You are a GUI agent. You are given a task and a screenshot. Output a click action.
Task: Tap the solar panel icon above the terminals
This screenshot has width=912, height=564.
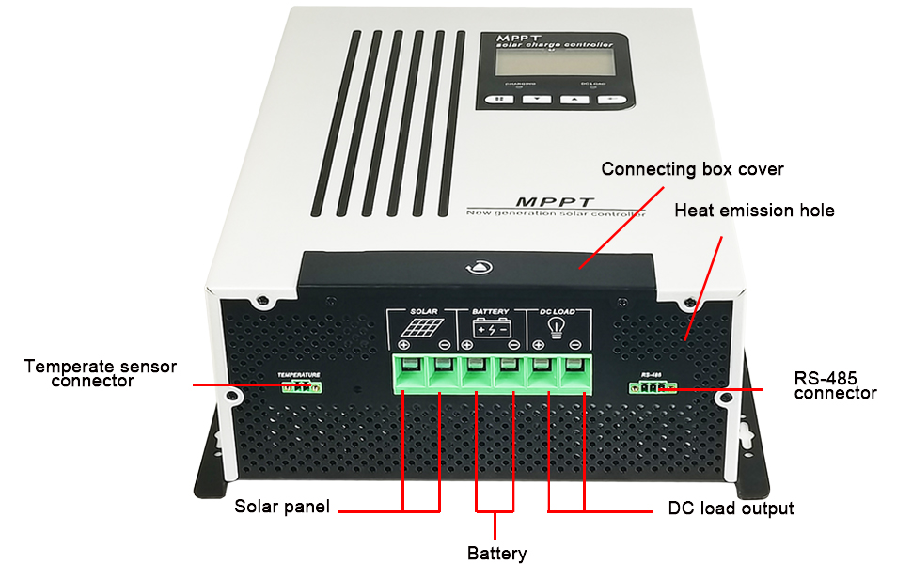click(417, 329)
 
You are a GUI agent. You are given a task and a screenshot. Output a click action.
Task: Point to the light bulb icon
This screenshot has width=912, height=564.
click(557, 327)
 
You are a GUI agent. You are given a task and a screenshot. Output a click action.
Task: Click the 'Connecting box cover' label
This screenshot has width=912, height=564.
click(692, 169)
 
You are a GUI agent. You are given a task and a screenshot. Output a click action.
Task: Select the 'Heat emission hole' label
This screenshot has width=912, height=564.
click(754, 210)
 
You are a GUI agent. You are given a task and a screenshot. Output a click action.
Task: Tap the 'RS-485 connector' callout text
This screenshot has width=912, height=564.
click(835, 385)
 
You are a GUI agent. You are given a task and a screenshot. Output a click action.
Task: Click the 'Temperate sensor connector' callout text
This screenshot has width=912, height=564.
click(100, 373)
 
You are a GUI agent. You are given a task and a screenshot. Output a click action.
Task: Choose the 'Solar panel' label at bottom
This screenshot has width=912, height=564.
click(282, 507)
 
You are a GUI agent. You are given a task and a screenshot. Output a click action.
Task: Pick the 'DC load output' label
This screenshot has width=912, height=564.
click(731, 509)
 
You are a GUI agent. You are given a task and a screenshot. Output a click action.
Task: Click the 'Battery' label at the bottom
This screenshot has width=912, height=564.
click(496, 553)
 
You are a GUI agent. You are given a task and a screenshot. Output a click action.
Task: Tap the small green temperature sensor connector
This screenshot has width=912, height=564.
click(300, 386)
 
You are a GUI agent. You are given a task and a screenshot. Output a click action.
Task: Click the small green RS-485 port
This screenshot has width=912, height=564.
click(653, 386)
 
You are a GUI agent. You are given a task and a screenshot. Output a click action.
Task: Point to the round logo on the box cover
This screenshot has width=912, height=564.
click(473, 267)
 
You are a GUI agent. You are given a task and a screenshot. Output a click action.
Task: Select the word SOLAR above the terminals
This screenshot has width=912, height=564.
click(425, 311)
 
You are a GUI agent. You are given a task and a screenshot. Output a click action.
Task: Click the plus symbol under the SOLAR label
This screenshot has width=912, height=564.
click(402, 345)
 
